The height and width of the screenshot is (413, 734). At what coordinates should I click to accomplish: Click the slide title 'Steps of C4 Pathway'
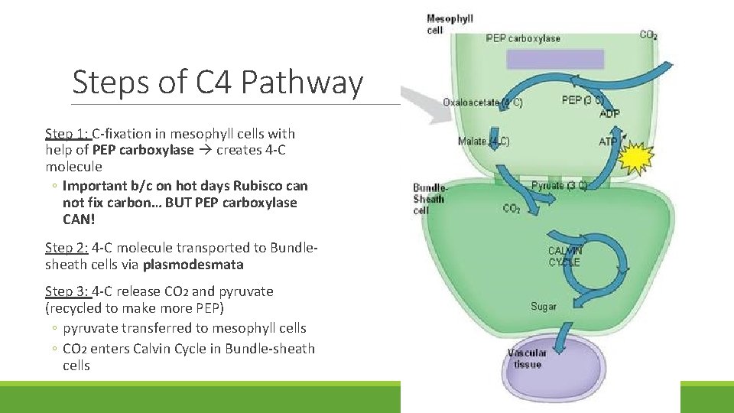[217, 83]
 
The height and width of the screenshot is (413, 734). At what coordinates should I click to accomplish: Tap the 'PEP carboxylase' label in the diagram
[523, 38]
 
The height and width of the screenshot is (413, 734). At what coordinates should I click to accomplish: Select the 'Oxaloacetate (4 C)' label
[482, 102]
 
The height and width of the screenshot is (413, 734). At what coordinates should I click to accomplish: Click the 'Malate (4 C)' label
[483, 141]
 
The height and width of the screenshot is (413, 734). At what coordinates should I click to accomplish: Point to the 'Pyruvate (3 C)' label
[559, 185]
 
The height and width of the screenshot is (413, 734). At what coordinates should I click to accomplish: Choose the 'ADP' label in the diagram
[610, 114]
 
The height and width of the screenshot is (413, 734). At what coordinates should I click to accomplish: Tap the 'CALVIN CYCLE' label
[564, 256]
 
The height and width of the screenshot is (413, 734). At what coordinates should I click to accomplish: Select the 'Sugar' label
[544, 307]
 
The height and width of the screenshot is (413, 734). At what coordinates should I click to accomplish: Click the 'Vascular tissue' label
[527, 359]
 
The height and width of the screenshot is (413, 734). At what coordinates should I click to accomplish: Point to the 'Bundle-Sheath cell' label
[430, 199]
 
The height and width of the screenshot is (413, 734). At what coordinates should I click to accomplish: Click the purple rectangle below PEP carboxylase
[555, 59]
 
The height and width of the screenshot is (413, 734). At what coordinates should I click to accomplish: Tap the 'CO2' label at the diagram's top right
[648, 34]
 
